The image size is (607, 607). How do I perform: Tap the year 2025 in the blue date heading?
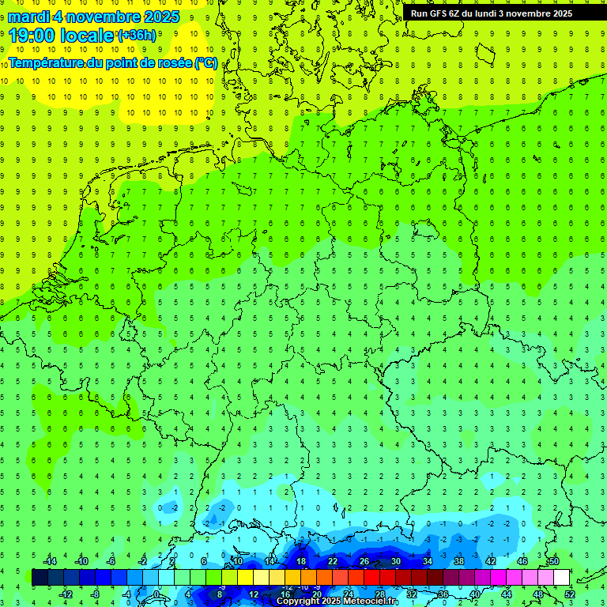pos(157,17)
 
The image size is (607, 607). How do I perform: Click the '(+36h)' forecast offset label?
pos(136,35)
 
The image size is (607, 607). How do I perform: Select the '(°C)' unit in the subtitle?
pos(206,62)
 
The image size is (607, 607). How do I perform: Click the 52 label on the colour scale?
pos(570,594)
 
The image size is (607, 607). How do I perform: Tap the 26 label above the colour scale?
pos(364,561)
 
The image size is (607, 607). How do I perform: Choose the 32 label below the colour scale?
pos(412,594)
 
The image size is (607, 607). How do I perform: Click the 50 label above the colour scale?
pos(554,561)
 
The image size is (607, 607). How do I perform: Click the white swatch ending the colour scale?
pos(562,577)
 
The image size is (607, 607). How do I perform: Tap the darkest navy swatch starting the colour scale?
pos(40,577)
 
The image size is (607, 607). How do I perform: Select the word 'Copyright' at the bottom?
pos(297,601)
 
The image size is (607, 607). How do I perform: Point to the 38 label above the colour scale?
pos(459,561)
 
